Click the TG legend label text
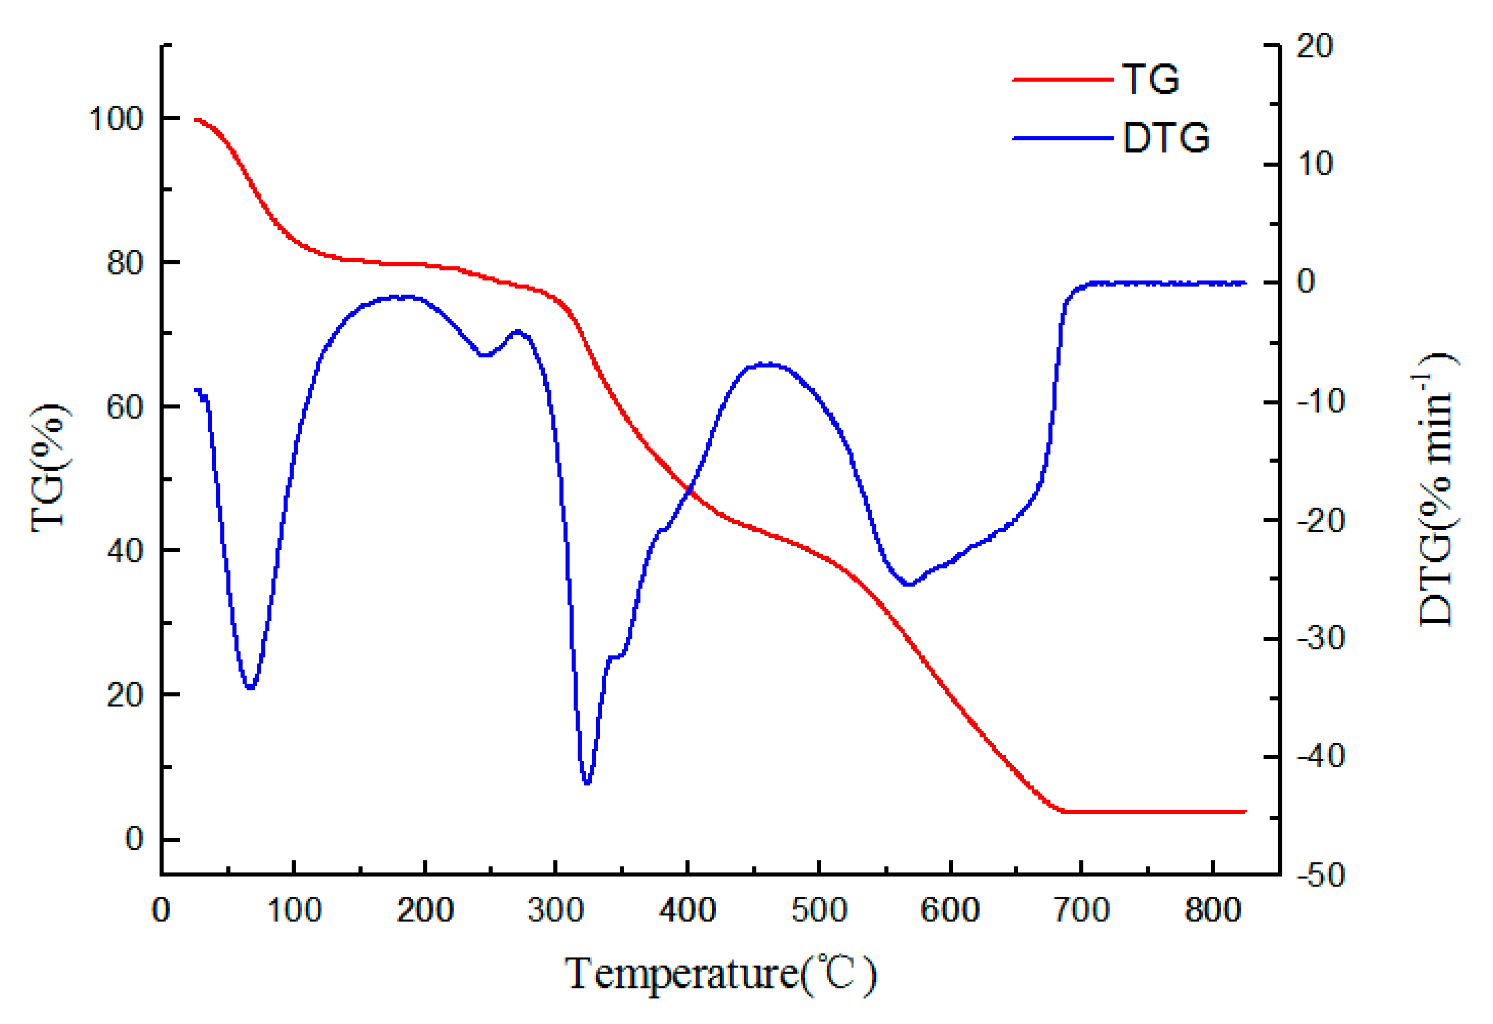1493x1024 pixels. pyautogui.click(x=1150, y=79)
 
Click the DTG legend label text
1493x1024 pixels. pyautogui.click(x=1166, y=138)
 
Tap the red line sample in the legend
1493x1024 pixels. pyautogui.click(x=1062, y=79)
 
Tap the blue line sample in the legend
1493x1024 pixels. pyautogui.click(x=1062, y=138)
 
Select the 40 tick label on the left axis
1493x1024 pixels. pyautogui.click(x=125, y=551)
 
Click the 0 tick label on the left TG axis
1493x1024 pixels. pyautogui.click(x=134, y=838)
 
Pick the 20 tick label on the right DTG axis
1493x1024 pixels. pyautogui.click(x=1314, y=47)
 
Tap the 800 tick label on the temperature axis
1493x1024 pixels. pyautogui.click(x=1213, y=910)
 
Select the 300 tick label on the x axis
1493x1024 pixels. pyautogui.click(x=556, y=910)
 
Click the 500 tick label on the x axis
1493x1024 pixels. pyautogui.click(x=819, y=910)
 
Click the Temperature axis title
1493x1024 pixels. pyautogui.click(x=720, y=974)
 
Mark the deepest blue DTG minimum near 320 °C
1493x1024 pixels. pyautogui.click(x=586, y=782)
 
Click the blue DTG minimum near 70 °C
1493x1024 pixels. pyautogui.click(x=250, y=687)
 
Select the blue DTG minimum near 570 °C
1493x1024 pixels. pyautogui.click(x=909, y=584)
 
